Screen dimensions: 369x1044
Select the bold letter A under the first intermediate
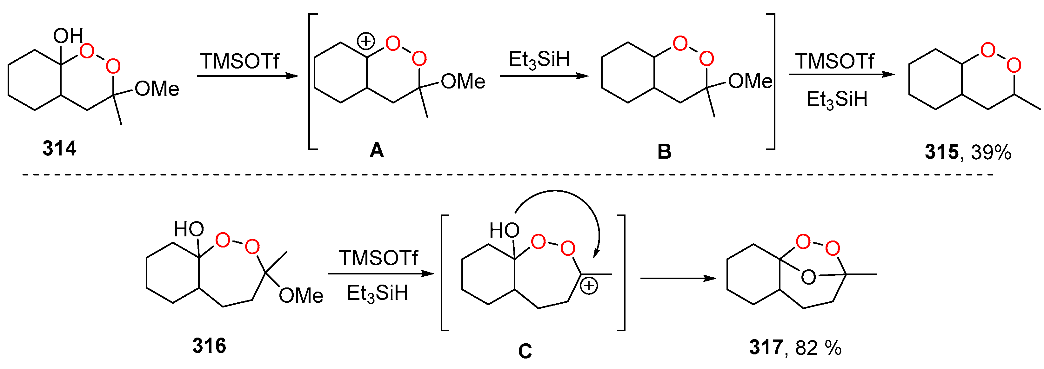(x=377, y=150)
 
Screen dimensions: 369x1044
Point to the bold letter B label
(x=664, y=151)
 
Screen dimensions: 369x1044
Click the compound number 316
(x=209, y=346)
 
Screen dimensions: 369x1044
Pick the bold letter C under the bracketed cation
(x=525, y=351)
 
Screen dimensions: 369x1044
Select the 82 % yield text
(x=818, y=347)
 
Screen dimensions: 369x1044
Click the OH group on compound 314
(x=68, y=36)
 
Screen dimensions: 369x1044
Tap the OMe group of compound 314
(x=157, y=89)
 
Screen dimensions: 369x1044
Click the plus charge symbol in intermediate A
(x=365, y=41)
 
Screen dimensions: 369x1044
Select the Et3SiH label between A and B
(x=539, y=60)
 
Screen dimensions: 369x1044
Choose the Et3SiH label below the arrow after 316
(x=377, y=293)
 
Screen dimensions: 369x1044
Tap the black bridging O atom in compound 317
(x=808, y=277)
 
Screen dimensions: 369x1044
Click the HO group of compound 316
(x=189, y=229)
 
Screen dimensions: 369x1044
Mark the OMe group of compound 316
(x=301, y=295)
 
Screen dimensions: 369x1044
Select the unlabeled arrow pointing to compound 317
(x=678, y=278)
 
